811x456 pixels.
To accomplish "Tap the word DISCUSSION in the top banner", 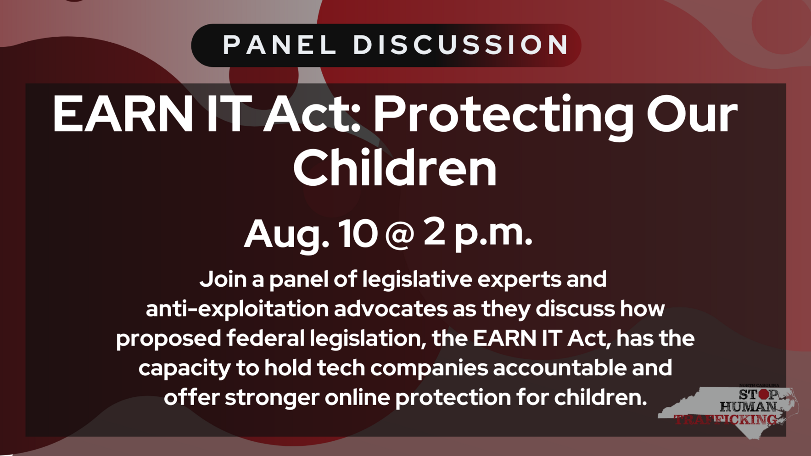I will click(x=461, y=45).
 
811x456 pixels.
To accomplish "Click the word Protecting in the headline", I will click(x=503, y=115).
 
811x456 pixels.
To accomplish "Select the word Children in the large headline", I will click(x=395, y=168).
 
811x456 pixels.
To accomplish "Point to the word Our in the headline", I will click(x=692, y=115).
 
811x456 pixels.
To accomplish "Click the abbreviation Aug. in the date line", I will click(x=286, y=234).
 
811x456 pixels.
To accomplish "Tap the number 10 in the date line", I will click(x=358, y=234).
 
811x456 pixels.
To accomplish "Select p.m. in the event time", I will click(x=493, y=234).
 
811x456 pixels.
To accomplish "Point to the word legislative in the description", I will click(x=417, y=279).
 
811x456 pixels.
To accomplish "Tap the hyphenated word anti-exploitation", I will click(x=237, y=309).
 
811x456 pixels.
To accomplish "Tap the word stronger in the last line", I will click(x=272, y=397).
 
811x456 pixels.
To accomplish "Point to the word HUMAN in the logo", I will click(x=747, y=406).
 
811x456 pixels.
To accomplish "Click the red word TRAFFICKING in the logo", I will click(x=726, y=419).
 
